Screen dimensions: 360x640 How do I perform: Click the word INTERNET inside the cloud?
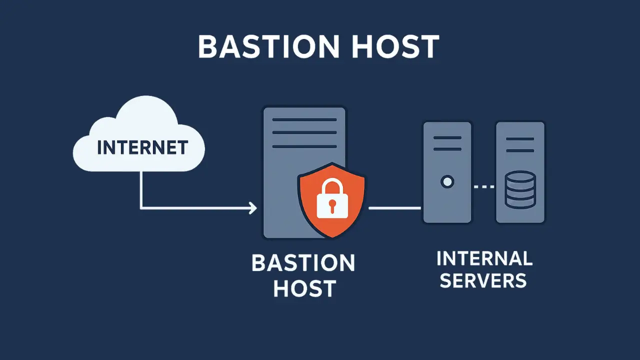[142, 147]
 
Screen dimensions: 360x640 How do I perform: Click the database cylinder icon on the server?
[520, 189]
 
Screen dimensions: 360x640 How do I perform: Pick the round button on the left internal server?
[447, 181]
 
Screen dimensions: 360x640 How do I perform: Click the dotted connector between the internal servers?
[483, 186]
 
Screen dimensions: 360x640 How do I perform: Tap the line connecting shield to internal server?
[395, 207]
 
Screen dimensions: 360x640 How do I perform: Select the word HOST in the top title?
[401, 47]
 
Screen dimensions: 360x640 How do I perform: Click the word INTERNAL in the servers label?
[484, 259]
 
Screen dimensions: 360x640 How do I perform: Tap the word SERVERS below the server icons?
[483, 280]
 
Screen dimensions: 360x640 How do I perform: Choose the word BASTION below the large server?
[303, 263]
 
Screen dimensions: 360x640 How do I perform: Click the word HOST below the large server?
[303, 288]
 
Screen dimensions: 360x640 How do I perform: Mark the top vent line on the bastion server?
[304, 120]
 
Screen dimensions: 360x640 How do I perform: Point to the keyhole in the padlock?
[331, 205]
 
